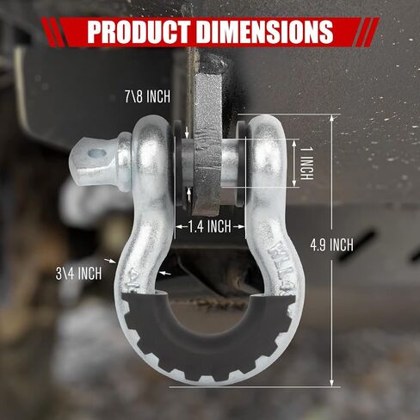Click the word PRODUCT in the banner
(x=139, y=31)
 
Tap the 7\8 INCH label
(x=147, y=96)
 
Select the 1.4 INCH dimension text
(x=210, y=226)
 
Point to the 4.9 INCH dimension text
(x=331, y=245)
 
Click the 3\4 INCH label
(x=79, y=273)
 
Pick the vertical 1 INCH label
(x=306, y=164)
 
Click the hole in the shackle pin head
(x=96, y=153)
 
